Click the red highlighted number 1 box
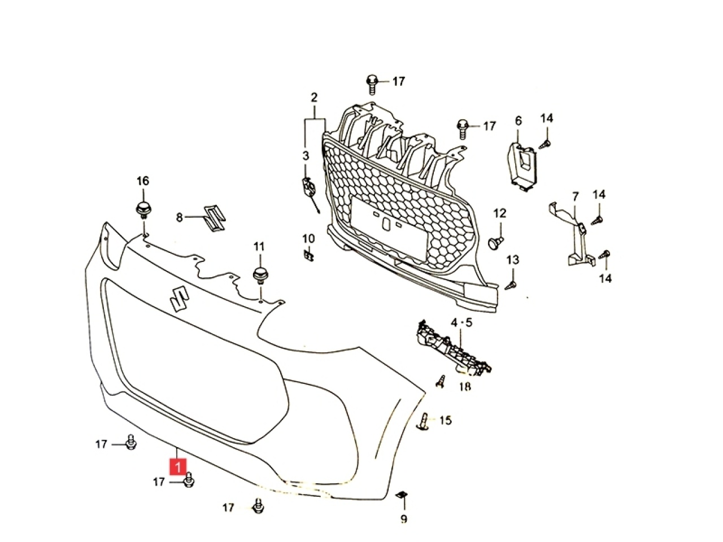click(x=178, y=467)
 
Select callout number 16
click(x=143, y=181)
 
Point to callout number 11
click(x=259, y=247)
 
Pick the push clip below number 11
click(x=260, y=276)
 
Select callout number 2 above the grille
click(x=314, y=98)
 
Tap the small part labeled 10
click(x=308, y=255)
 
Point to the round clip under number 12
click(x=494, y=243)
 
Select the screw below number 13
click(x=511, y=285)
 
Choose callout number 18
click(x=465, y=386)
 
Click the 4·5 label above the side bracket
click(x=461, y=323)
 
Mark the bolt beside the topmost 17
click(x=372, y=85)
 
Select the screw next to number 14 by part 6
click(x=546, y=144)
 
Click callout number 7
click(x=575, y=197)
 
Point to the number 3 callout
click(x=306, y=156)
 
